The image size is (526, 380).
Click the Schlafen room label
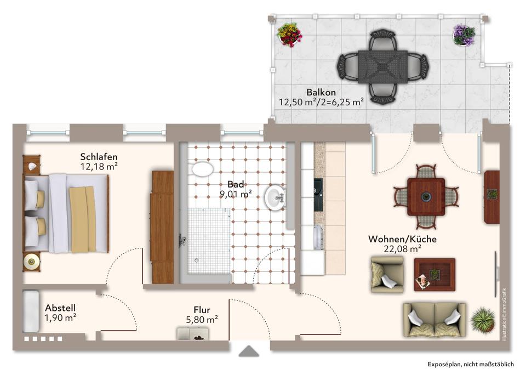pyautogui.click(x=99, y=157)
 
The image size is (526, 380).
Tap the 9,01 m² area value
pyautogui.click(x=236, y=194)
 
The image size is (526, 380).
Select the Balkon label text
pyautogui.click(x=321, y=92)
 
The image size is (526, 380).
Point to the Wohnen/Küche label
pyautogui.click(x=403, y=239)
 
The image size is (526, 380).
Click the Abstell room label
pyautogui.click(x=60, y=308)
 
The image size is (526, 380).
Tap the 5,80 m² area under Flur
pyautogui.click(x=202, y=319)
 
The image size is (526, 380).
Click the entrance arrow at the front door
pyautogui.click(x=249, y=351)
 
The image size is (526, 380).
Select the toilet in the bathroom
pyautogui.click(x=201, y=168)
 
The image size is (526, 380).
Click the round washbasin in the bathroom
pyautogui.click(x=275, y=198)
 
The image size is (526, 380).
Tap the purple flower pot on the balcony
pyautogui.click(x=464, y=35)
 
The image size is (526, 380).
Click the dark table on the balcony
pyautogui.click(x=383, y=67)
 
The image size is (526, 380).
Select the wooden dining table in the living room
pyautogui.click(x=426, y=197)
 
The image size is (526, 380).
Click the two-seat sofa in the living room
pyautogui.click(x=434, y=320)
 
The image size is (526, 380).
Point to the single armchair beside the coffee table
pyautogui.click(x=387, y=274)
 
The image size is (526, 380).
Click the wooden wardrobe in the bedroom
pyautogui.click(x=162, y=227)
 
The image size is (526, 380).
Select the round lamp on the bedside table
pyautogui.click(x=31, y=262)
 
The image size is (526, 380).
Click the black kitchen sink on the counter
pyautogui.click(x=318, y=195)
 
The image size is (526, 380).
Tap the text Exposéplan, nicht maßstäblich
pyautogui.click(x=471, y=364)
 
